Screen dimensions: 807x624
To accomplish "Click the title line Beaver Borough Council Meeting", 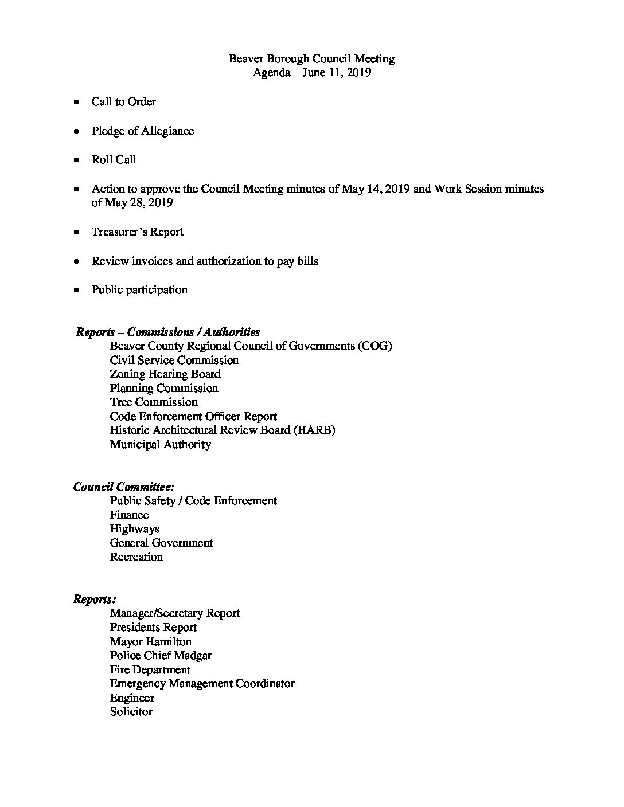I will pos(311,58).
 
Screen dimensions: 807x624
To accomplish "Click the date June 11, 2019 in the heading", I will pos(337,73).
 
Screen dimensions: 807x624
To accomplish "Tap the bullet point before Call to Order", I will pos(76,103).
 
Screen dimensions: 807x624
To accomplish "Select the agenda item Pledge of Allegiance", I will pos(142,131).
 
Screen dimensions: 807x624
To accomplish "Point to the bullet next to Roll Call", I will pos(76,160).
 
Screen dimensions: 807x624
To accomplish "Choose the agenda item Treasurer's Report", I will pos(137,232).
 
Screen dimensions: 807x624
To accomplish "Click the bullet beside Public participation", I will pos(76,291).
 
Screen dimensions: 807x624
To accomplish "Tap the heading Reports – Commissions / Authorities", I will pos(168,332).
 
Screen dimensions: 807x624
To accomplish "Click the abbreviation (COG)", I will pos(373,346).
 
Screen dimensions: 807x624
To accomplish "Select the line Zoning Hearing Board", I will pos(165,374).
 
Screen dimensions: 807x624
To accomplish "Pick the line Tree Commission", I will pos(154,402).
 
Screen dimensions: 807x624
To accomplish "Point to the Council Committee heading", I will pos(124,487).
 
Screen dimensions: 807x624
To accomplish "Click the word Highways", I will pos(135,528).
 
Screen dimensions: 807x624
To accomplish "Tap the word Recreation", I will pos(136,557).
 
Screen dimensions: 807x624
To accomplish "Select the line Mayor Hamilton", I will pos(151,641).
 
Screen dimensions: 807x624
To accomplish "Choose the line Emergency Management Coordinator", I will pos(202,683).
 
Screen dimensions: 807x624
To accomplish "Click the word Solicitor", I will pos(131,711).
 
